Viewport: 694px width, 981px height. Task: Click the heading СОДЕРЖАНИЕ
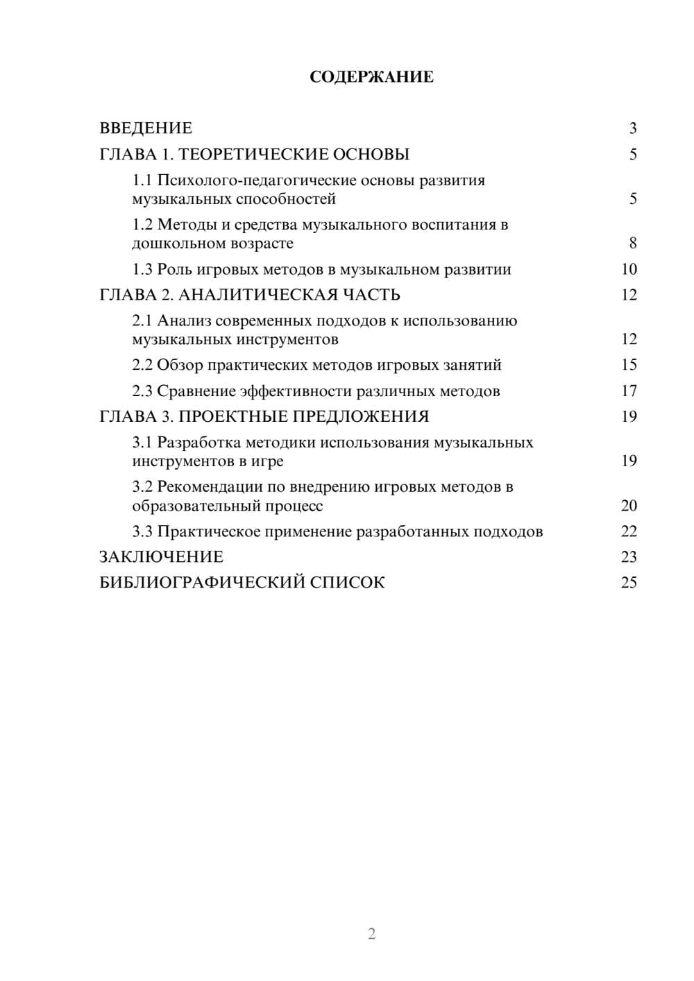(x=371, y=77)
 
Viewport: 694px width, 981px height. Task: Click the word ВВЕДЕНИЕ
(x=146, y=128)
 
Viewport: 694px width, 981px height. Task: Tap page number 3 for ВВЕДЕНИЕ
(x=632, y=128)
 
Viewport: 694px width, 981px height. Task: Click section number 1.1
(x=142, y=180)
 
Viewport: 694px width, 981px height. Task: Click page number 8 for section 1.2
(x=632, y=244)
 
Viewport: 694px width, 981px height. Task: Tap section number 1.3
(x=142, y=269)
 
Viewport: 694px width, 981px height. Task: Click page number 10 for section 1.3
(x=629, y=269)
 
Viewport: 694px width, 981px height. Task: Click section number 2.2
(x=142, y=365)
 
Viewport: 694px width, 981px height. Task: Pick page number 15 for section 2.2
(x=629, y=365)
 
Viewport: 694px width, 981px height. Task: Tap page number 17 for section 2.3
(x=629, y=391)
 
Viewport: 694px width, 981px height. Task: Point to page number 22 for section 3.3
(x=629, y=531)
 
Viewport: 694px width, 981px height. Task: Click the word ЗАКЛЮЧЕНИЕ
(x=161, y=557)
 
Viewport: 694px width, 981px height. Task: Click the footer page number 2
(x=371, y=934)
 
